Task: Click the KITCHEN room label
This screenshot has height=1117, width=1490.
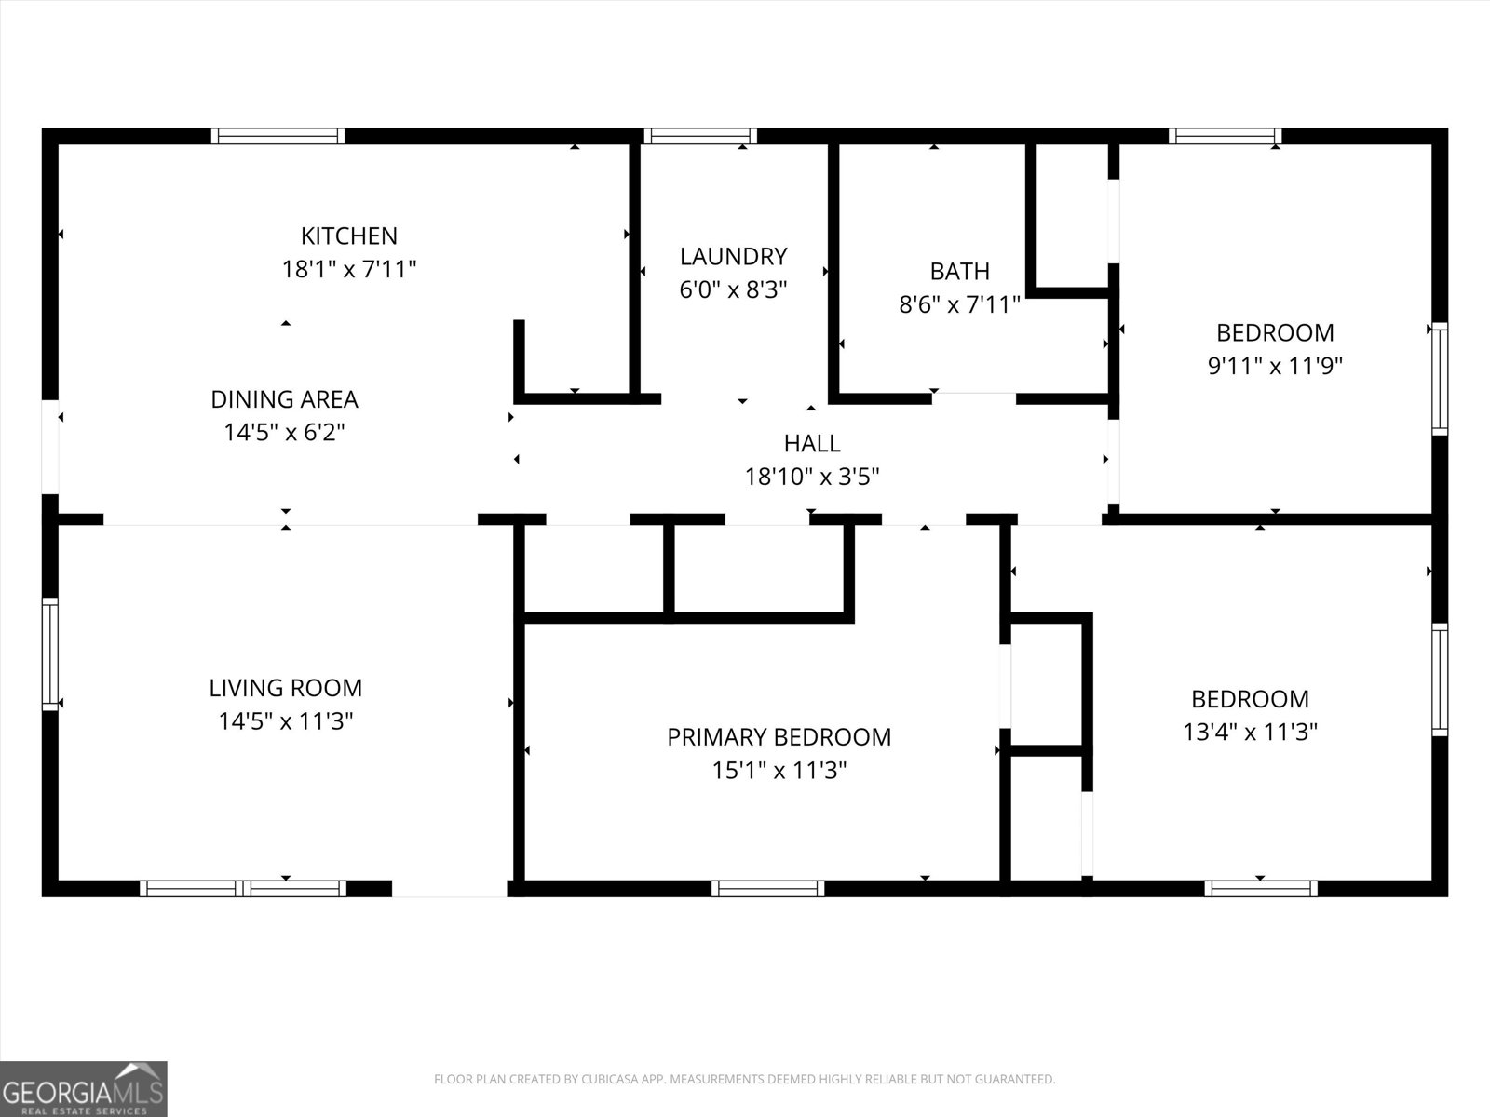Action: point(348,236)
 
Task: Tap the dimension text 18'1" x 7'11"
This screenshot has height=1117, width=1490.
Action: point(348,270)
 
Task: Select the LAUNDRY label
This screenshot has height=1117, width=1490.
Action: point(733,256)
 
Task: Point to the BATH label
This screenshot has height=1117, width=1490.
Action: point(959,271)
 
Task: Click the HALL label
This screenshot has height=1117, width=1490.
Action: point(811,443)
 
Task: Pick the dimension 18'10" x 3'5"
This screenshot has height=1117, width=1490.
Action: point(811,478)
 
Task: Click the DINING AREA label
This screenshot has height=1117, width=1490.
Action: point(284,399)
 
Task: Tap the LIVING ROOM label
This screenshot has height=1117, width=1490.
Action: point(285,688)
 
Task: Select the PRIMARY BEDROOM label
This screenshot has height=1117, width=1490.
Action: point(779,737)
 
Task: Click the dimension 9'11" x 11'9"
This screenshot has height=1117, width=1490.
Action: point(1274,366)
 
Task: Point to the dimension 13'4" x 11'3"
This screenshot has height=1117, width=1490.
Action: point(1250,733)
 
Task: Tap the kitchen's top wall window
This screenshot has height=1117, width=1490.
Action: point(278,136)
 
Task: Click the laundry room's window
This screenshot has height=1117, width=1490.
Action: point(699,136)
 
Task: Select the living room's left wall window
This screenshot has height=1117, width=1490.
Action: point(50,654)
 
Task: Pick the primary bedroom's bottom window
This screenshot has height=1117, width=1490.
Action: point(767,888)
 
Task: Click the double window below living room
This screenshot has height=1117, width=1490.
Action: point(243,888)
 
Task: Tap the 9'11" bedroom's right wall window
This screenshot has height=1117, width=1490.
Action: point(1440,378)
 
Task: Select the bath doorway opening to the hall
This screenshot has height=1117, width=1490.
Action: point(973,399)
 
